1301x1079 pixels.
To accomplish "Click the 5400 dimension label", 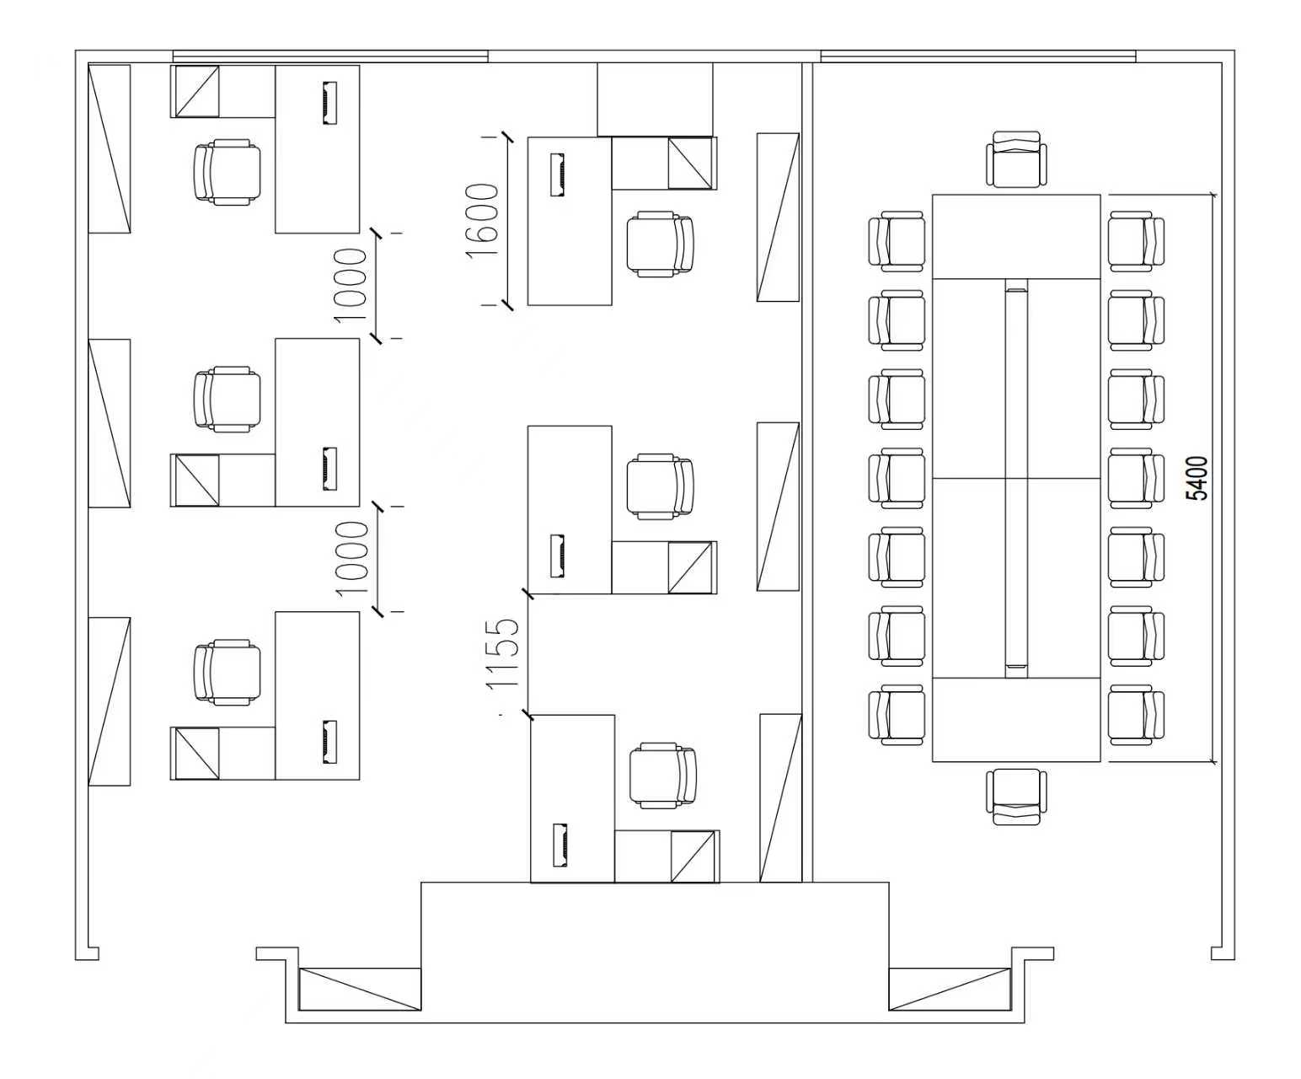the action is click(1197, 478).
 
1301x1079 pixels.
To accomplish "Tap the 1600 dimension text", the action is click(482, 220).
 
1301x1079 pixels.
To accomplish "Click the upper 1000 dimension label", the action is click(351, 286).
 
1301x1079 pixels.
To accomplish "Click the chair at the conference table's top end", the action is click(1016, 158).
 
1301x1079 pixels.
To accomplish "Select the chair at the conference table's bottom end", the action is click(1016, 797).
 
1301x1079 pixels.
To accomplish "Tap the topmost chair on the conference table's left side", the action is click(897, 241).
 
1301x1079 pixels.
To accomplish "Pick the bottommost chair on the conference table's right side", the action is click(1136, 715).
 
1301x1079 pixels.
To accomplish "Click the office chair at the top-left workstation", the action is click(227, 172).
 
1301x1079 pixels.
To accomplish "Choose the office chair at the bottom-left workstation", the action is click(227, 672).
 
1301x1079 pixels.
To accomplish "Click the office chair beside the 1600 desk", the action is click(660, 243).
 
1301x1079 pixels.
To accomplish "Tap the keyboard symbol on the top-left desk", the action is click(329, 103).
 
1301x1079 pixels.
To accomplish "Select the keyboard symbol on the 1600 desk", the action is click(558, 174).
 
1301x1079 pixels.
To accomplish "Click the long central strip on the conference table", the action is click(1016, 478).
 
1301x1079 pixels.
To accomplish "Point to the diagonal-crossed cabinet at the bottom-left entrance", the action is click(360, 990).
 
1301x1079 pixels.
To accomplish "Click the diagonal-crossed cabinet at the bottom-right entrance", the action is click(949, 990).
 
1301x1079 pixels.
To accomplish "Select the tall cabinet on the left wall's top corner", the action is click(109, 149).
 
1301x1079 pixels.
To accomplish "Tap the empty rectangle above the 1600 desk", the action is click(655, 99).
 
